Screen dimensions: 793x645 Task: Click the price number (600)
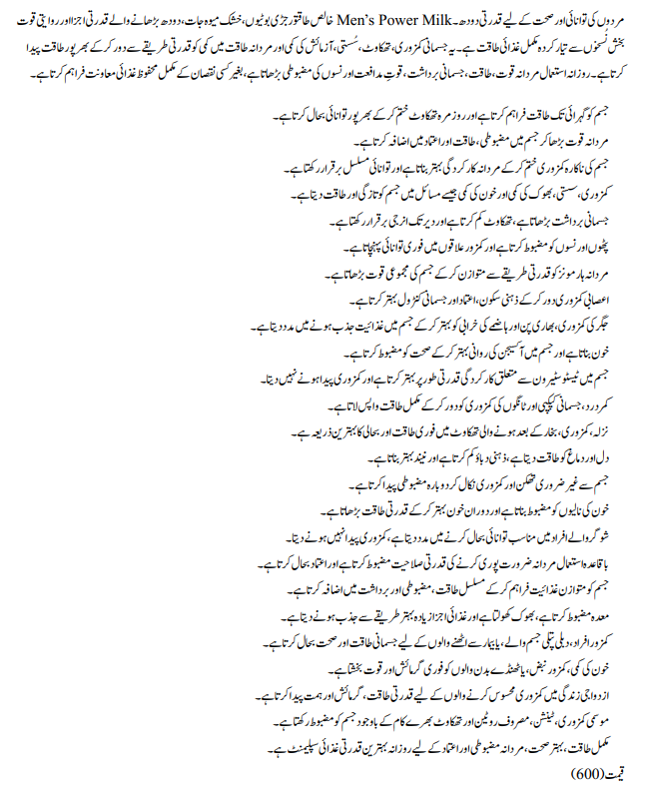click(x=588, y=772)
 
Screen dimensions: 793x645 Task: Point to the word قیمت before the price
click(x=622, y=772)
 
